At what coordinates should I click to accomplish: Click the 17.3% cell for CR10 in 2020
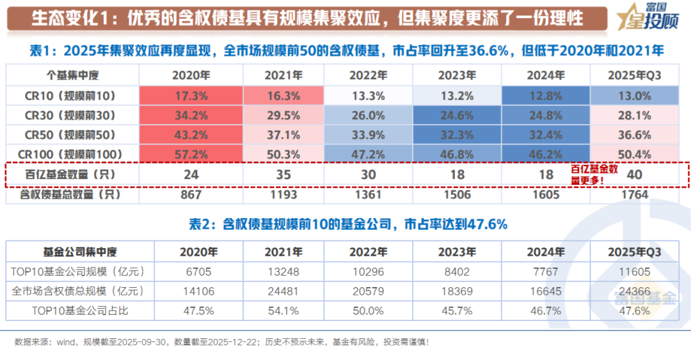pos(191,96)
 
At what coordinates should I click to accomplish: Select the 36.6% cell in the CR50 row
pos(635,135)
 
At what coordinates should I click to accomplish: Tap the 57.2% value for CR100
pos(191,155)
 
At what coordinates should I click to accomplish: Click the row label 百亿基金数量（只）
pos(70,175)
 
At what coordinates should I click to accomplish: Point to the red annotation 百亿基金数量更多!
pos(594,175)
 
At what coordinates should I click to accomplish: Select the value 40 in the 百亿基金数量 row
pos(635,175)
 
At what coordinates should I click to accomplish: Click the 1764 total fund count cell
pos(635,194)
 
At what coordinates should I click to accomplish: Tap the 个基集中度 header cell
pos(70,75)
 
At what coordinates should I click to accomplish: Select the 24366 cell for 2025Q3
pos(635,291)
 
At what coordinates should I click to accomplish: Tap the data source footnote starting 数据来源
pos(221,342)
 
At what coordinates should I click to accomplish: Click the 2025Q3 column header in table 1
pos(635,75)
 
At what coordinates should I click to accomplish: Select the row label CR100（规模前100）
pos(70,155)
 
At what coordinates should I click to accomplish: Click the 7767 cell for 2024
pos(545,271)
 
